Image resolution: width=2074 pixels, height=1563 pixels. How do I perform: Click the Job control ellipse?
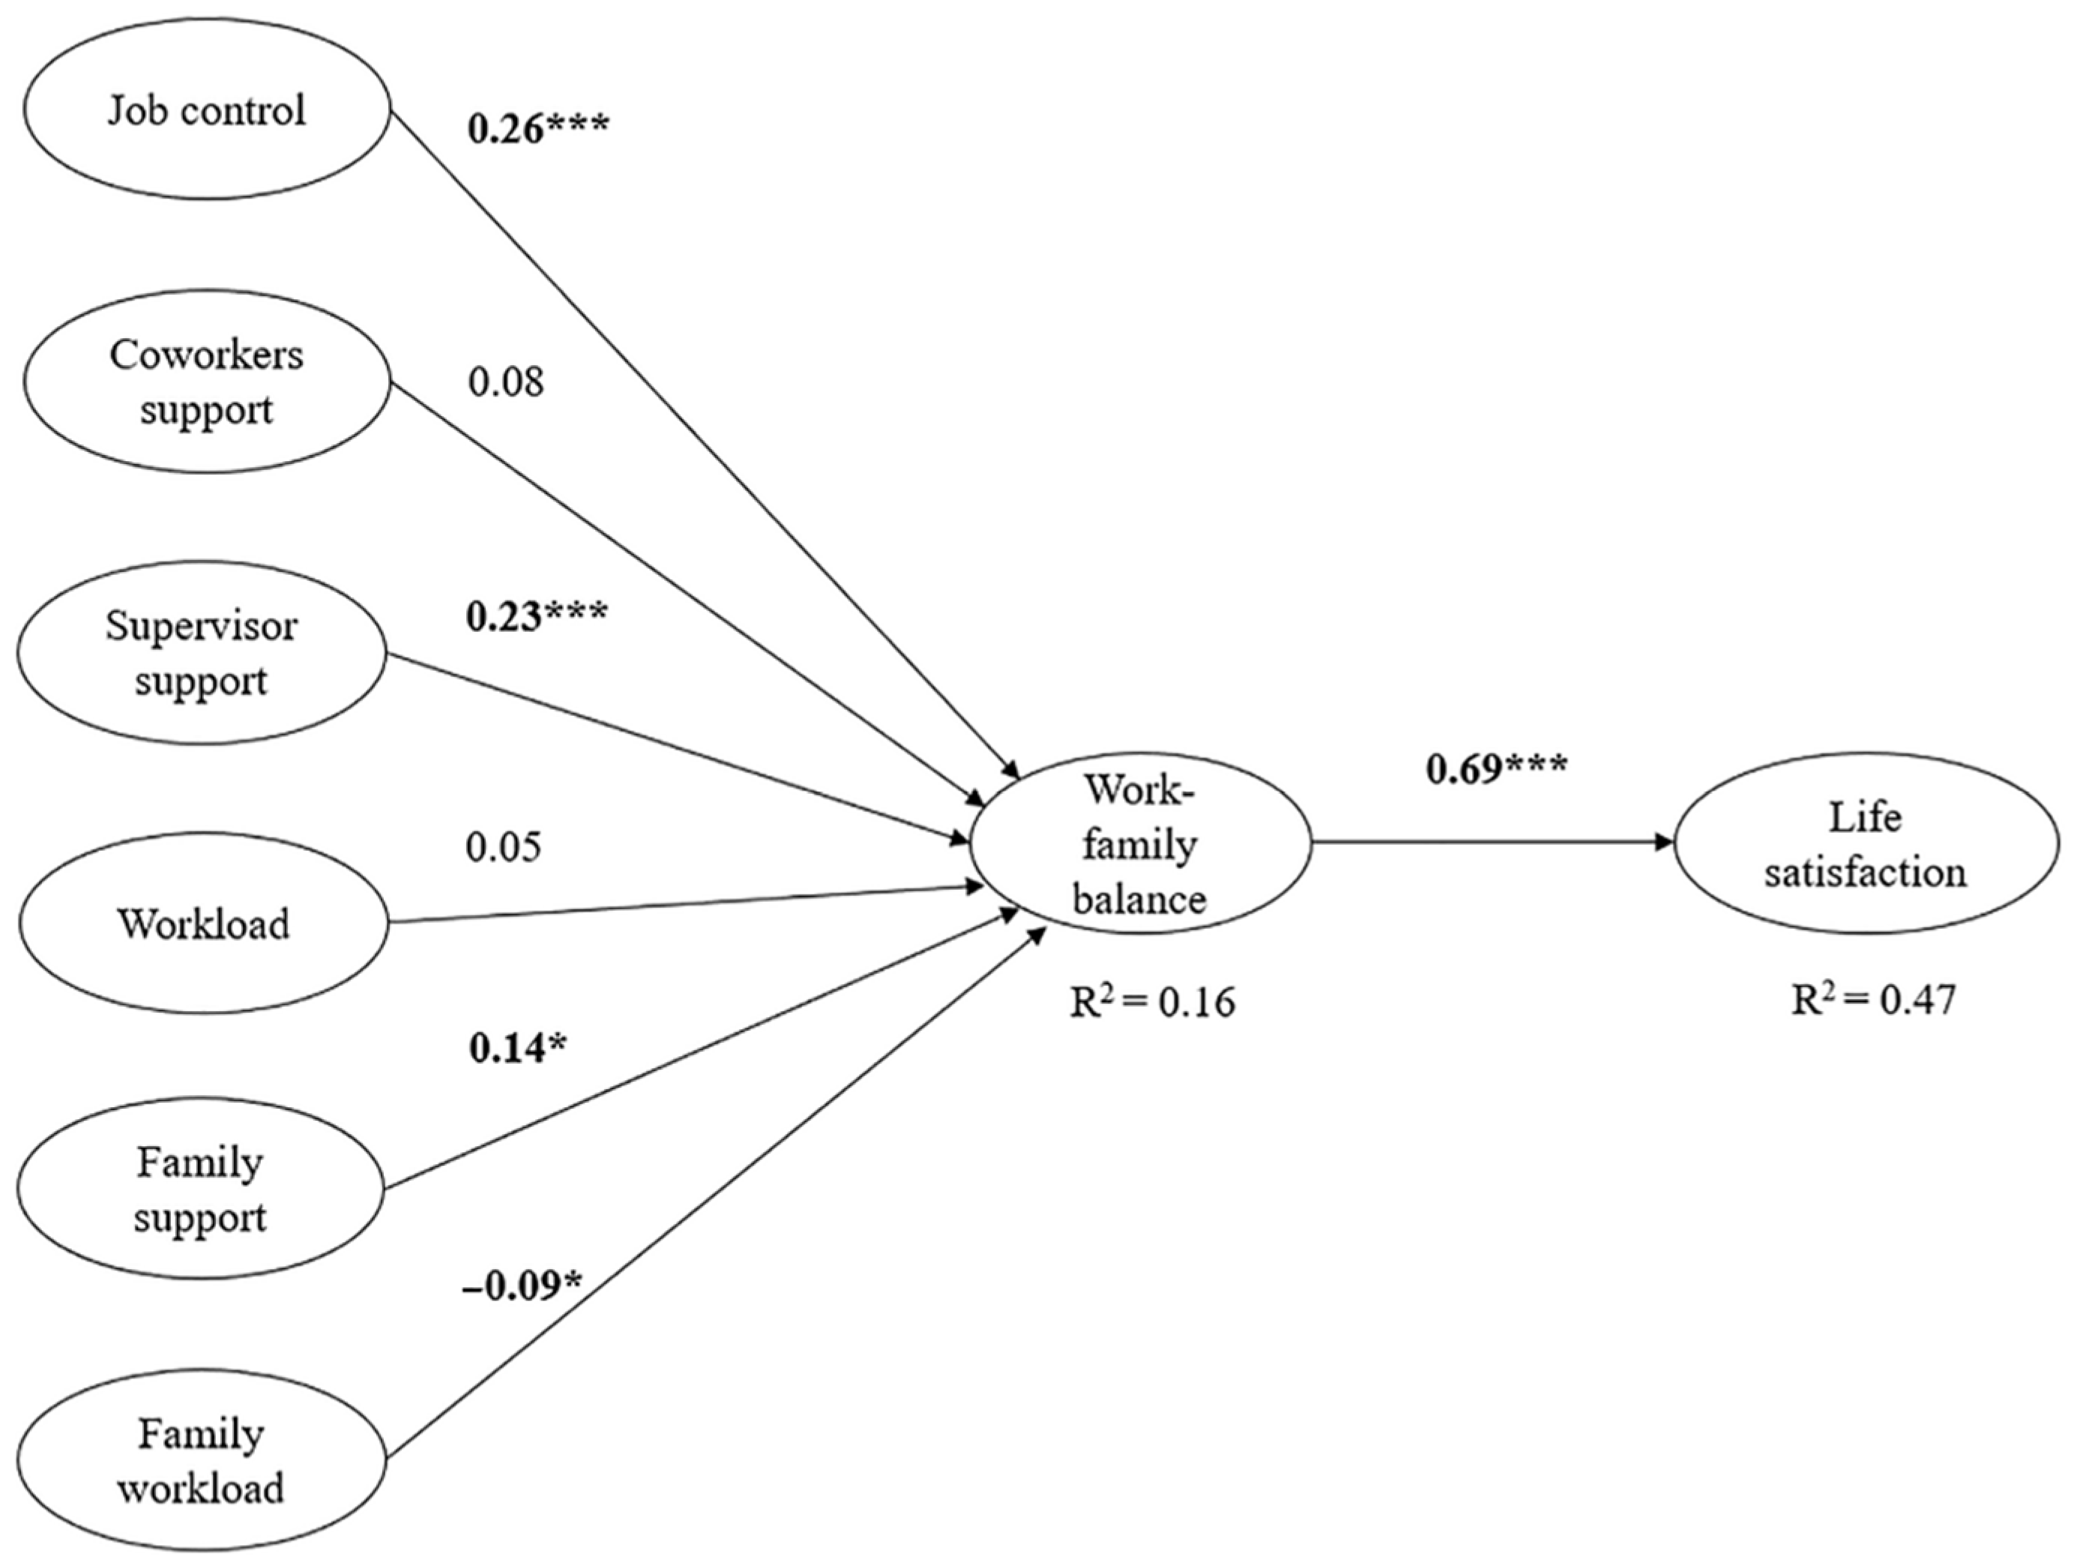pos(206,109)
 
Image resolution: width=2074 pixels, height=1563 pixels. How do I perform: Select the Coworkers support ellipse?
pos(206,382)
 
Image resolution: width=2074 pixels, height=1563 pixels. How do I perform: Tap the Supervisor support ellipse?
pos(202,653)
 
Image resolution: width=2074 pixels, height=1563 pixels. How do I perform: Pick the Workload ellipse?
pos(202,924)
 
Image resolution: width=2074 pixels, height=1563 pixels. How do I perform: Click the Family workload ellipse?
pos(201,1460)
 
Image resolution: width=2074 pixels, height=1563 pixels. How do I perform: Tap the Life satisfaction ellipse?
pos(1864,844)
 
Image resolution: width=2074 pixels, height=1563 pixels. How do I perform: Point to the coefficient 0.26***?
pos(537,128)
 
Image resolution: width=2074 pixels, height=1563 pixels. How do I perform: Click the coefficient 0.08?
pos(505,382)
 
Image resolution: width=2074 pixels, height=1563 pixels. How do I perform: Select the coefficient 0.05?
pos(504,846)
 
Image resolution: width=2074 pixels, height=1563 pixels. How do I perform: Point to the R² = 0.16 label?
pos(1152,1002)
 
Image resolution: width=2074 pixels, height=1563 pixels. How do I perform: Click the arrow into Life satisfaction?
pos(1491,842)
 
